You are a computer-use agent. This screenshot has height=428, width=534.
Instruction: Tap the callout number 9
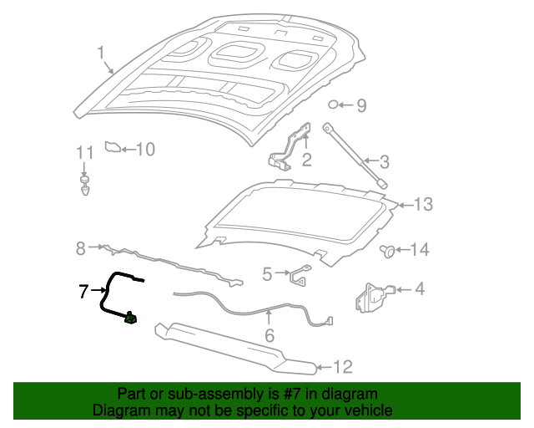tap(361, 105)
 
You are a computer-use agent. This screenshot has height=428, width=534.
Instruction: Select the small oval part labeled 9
tap(334, 104)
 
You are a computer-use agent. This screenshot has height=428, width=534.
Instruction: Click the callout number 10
tap(145, 150)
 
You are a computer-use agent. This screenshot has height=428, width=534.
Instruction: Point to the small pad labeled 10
tap(112, 149)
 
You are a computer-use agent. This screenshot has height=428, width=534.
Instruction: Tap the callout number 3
tap(385, 161)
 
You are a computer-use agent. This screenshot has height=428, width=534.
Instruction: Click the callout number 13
tap(424, 204)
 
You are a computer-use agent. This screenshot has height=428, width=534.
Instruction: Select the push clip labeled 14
tap(388, 249)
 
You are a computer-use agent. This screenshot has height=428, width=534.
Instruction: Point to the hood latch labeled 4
tap(372, 297)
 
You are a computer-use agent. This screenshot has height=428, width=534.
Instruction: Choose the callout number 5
tap(267, 273)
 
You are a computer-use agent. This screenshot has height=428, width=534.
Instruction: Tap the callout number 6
tap(269, 336)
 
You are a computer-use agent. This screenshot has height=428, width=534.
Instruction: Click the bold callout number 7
tap(83, 291)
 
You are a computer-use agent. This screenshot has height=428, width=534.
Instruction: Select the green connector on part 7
tap(130, 318)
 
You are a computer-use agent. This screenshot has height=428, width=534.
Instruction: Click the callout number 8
tap(81, 247)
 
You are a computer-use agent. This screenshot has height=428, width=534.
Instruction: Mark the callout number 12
tap(343, 366)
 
